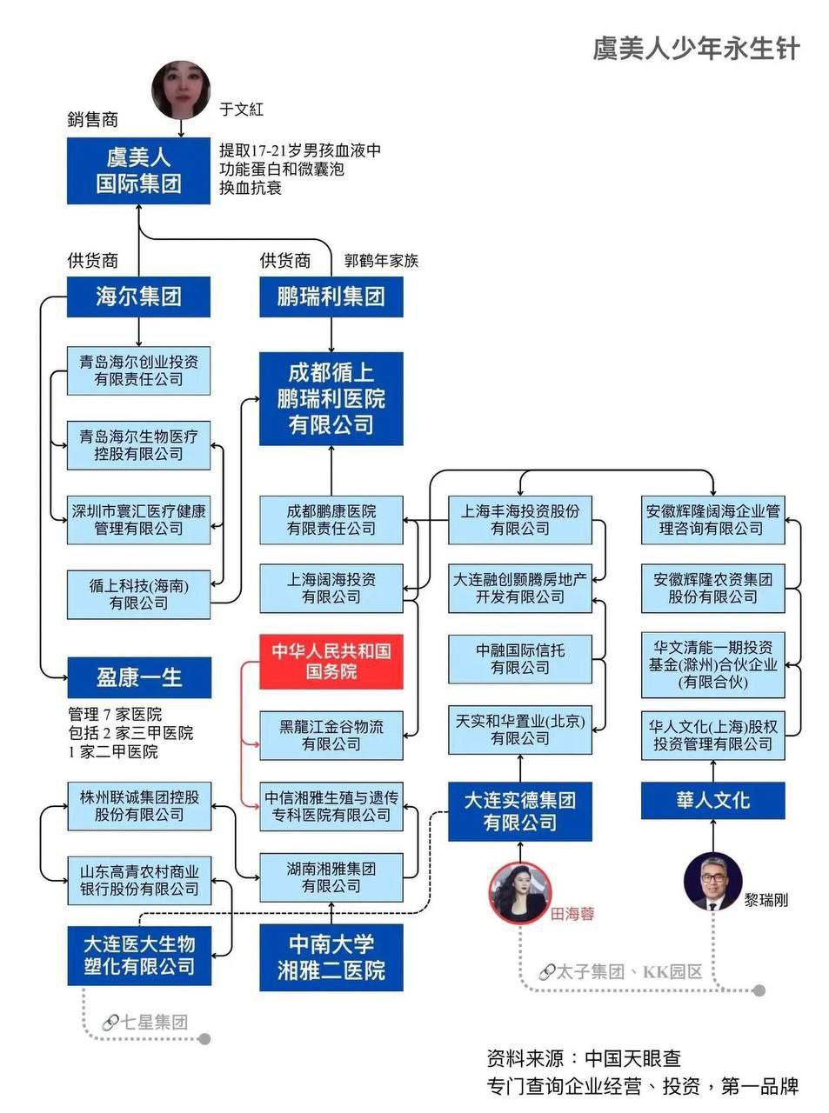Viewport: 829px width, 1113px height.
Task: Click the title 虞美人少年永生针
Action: click(x=695, y=48)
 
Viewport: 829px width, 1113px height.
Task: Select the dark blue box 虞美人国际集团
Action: click(x=138, y=170)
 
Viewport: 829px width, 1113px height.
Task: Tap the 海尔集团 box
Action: click(x=138, y=297)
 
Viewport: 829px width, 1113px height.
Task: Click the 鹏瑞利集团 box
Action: click(x=331, y=297)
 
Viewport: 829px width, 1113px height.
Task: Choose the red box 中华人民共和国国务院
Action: click(x=331, y=661)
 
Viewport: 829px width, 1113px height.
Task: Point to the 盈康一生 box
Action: click(x=138, y=677)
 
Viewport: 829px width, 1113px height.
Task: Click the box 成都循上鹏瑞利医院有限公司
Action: click(x=331, y=399)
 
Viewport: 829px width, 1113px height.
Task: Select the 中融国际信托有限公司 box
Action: click(x=520, y=659)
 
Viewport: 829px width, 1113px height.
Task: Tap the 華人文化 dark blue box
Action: click(x=712, y=800)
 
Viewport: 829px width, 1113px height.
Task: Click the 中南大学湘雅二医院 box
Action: click(x=331, y=957)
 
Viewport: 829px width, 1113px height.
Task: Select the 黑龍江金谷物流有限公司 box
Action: click(x=331, y=735)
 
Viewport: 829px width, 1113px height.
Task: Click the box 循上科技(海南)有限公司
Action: click(x=138, y=595)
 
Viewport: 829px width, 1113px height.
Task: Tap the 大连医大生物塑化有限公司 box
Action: click(x=138, y=955)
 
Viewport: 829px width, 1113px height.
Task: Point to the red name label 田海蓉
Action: click(x=572, y=914)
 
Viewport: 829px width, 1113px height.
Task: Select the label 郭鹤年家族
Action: click(x=381, y=261)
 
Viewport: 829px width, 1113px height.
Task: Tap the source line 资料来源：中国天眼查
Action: click(x=584, y=1058)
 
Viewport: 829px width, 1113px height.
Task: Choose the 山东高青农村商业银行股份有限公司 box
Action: click(x=138, y=880)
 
